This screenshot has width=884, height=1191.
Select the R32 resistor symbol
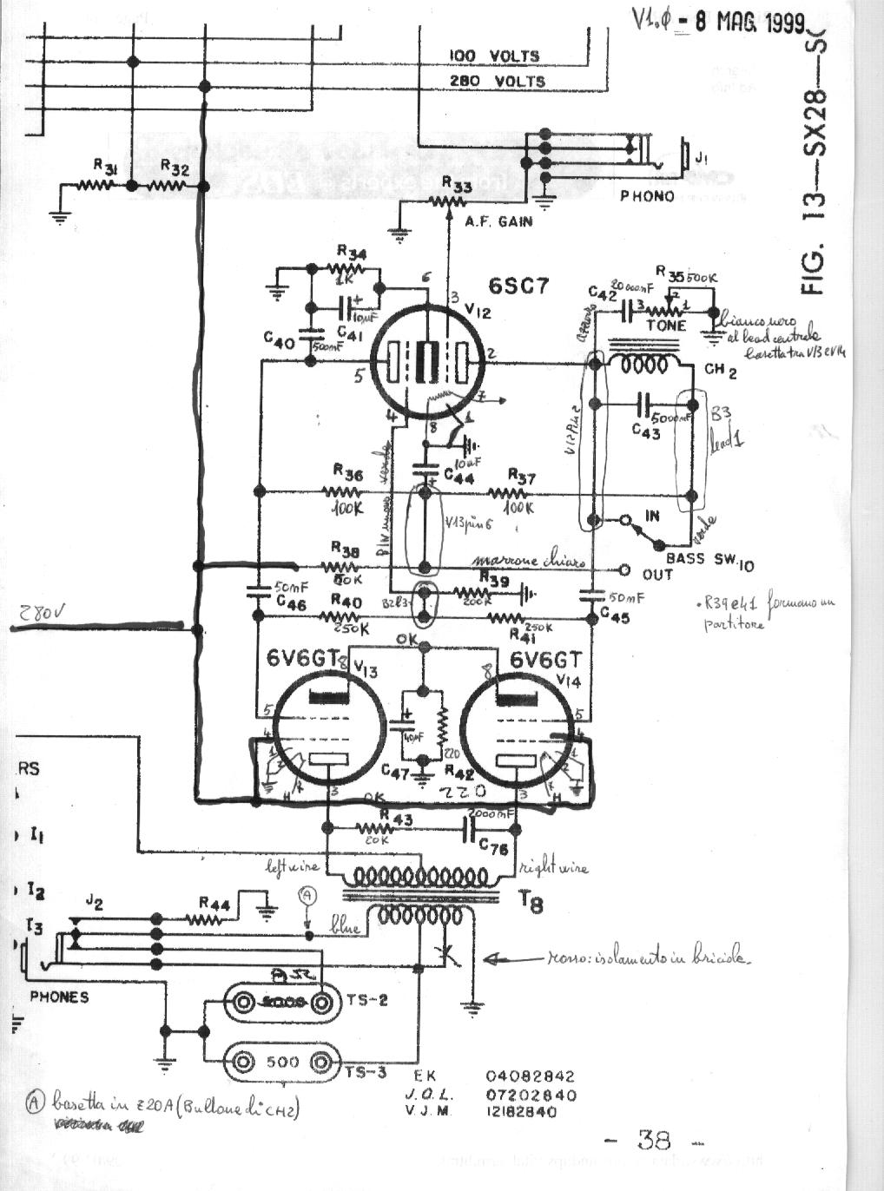168,185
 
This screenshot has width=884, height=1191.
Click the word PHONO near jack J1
646,196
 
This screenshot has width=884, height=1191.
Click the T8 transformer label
531,904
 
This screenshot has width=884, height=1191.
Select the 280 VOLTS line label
497,81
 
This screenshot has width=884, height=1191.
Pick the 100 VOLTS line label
493,56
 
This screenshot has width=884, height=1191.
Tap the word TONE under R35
666,326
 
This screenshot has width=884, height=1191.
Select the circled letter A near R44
307,894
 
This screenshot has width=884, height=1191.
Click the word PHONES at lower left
59,997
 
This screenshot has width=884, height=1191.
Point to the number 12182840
519,1111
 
